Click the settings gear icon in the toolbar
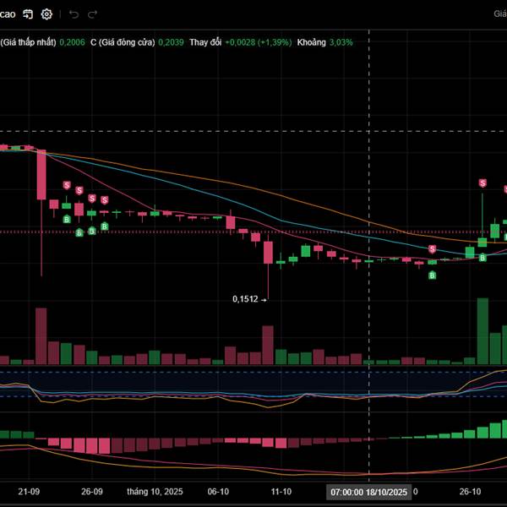46,14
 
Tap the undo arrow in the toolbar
74,14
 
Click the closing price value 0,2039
172,41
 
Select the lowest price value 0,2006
73,41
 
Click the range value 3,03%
341,41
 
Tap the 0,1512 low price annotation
246,298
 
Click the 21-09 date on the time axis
29,491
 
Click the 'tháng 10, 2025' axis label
155,491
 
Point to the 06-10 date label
218,491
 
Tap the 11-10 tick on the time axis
281,491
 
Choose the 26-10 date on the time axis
470,491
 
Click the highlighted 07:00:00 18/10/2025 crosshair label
369,491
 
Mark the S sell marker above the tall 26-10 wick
483,183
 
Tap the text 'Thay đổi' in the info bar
205,41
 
